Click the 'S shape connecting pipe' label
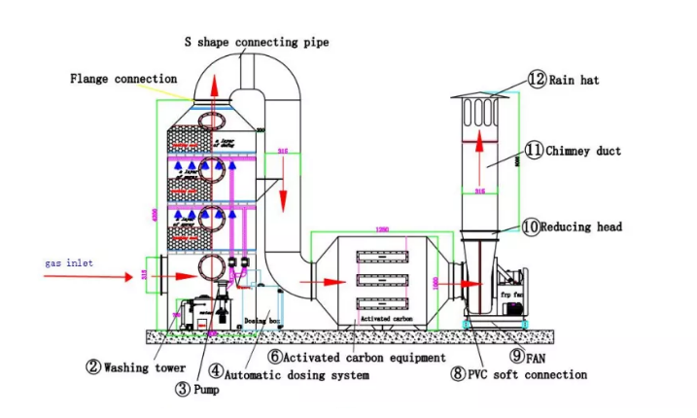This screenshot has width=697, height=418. pyautogui.click(x=257, y=42)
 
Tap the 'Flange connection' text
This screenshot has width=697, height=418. pyautogui.click(x=123, y=78)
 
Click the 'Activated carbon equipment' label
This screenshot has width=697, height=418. pyautogui.click(x=354, y=357)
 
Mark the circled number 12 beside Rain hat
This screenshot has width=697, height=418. pyautogui.click(x=537, y=79)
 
